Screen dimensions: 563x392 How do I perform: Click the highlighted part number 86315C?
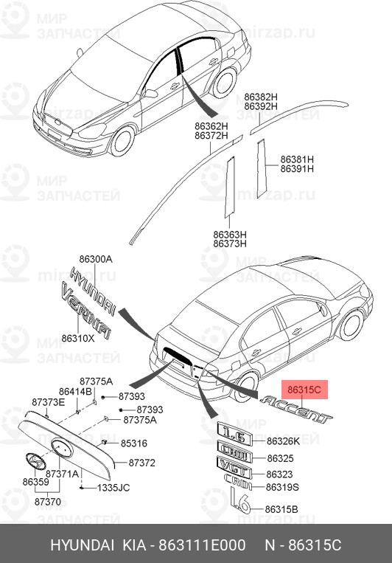[x=303, y=388]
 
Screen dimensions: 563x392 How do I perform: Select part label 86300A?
[x=96, y=260]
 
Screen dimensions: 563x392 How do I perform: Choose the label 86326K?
[x=283, y=441]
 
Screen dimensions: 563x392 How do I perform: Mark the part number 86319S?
[x=282, y=488]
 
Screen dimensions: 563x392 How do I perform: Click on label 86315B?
[x=282, y=509]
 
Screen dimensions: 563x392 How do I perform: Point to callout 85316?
[x=134, y=443]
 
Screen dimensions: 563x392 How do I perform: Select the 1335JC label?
[x=115, y=488]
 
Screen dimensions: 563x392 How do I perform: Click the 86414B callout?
[x=74, y=391]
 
